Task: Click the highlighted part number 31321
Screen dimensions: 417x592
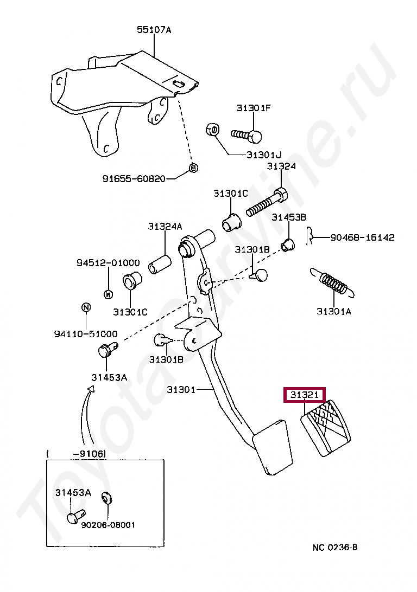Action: [x=305, y=395]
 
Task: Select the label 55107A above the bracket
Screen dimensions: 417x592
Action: [x=154, y=29]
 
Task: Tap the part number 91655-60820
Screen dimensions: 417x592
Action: [x=134, y=178]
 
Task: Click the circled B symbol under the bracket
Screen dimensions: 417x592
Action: [x=193, y=168]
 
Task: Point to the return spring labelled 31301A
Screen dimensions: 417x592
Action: [x=332, y=282]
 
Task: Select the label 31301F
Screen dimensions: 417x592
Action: [x=254, y=108]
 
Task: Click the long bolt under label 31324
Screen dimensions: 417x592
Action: [x=267, y=202]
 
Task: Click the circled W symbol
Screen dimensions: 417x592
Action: [x=108, y=294]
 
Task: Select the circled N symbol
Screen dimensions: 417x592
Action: [x=86, y=307]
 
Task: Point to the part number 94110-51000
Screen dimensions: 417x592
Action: [x=86, y=334]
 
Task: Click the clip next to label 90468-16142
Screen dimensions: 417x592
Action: [x=309, y=237]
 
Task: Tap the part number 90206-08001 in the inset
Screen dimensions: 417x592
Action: [x=108, y=525]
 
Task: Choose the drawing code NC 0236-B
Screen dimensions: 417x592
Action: [x=335, y=547]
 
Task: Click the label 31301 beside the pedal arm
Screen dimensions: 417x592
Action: [x=181, y=389]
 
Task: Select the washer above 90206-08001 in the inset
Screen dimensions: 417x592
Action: [x=107, y=498]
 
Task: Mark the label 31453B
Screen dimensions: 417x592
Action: [x=289, y=217]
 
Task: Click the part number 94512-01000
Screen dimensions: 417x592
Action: [x=108, y=263]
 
